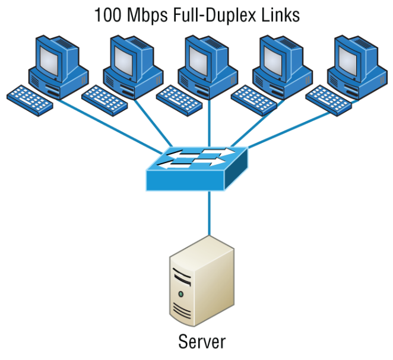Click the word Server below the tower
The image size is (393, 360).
202,342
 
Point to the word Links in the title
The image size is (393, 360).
281,14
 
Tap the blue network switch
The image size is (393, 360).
196,169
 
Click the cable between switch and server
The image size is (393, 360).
209,214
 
